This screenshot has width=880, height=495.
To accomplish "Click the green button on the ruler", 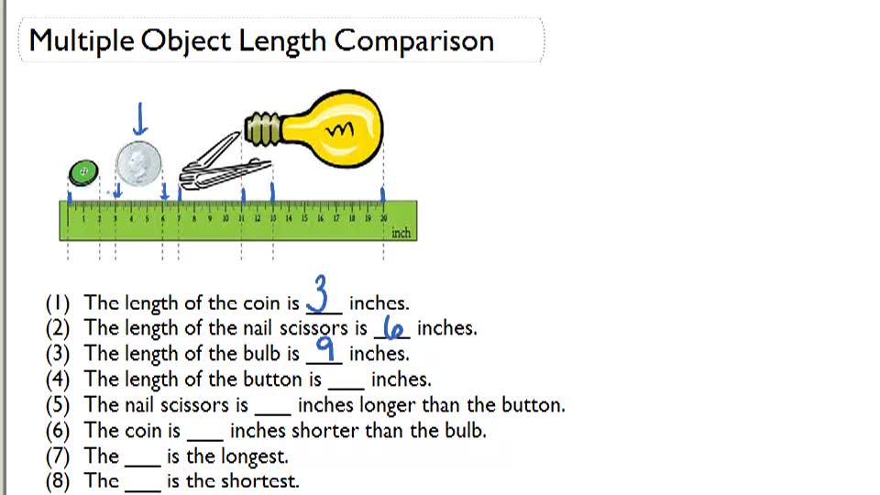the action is [83, 171].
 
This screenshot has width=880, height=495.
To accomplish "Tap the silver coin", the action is [138, 165].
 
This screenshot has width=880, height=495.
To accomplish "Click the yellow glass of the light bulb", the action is [334, 130].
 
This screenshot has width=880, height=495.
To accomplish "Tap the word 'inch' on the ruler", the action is [401, 233].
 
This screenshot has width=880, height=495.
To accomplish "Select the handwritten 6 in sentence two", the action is [392, 328].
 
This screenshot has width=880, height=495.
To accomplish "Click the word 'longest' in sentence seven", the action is [253, 456].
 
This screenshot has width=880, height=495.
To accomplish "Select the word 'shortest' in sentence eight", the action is [260, 481].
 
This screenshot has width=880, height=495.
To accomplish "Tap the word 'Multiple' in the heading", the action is [83, 40].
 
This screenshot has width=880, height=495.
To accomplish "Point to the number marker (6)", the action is [59, 430].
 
